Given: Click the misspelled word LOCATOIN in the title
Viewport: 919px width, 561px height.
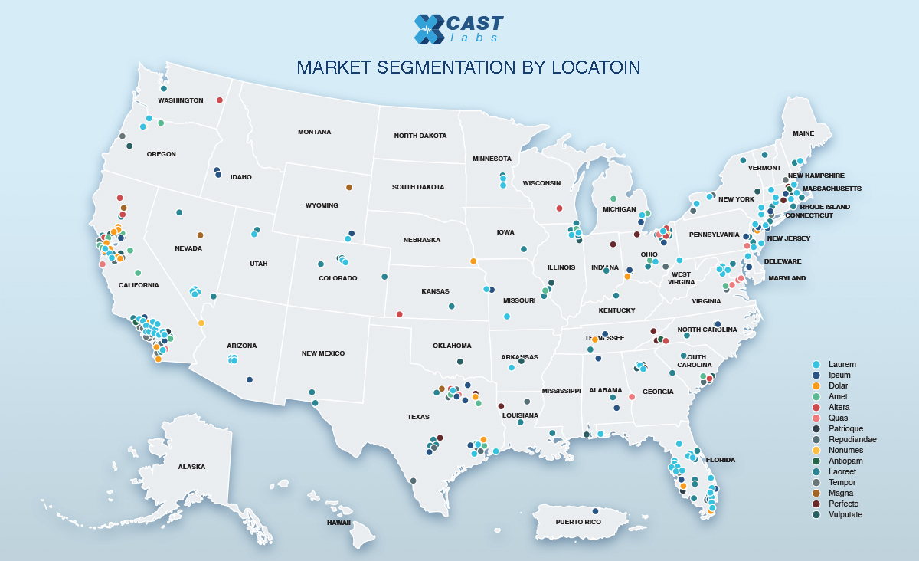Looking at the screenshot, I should click(x=596, y=67).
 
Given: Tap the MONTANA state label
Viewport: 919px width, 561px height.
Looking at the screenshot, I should click(x=314, y=132).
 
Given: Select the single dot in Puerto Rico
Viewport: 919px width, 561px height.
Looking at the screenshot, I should click(x=595, y=511).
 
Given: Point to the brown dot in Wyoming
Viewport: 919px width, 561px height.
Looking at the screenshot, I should click(x=349, y=187).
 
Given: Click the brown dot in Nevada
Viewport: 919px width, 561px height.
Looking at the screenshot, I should click(x=201, y=235).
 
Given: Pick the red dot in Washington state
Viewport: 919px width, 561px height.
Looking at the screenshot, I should click(x=220, y=100).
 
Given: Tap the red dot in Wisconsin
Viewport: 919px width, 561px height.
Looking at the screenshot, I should click(x=559, y=208).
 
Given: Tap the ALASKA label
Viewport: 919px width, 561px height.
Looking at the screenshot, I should click(x=191, y=467).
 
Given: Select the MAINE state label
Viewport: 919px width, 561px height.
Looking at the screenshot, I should click(x=803, y=133).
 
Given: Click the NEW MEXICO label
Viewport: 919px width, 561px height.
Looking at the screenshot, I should click(x=322, y=353).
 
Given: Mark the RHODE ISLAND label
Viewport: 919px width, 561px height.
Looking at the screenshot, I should click(x=825, y=207).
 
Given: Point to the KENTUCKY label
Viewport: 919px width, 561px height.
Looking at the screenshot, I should click(x=616, y=310).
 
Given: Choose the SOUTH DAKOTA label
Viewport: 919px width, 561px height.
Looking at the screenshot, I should click(x=417, y=187).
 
